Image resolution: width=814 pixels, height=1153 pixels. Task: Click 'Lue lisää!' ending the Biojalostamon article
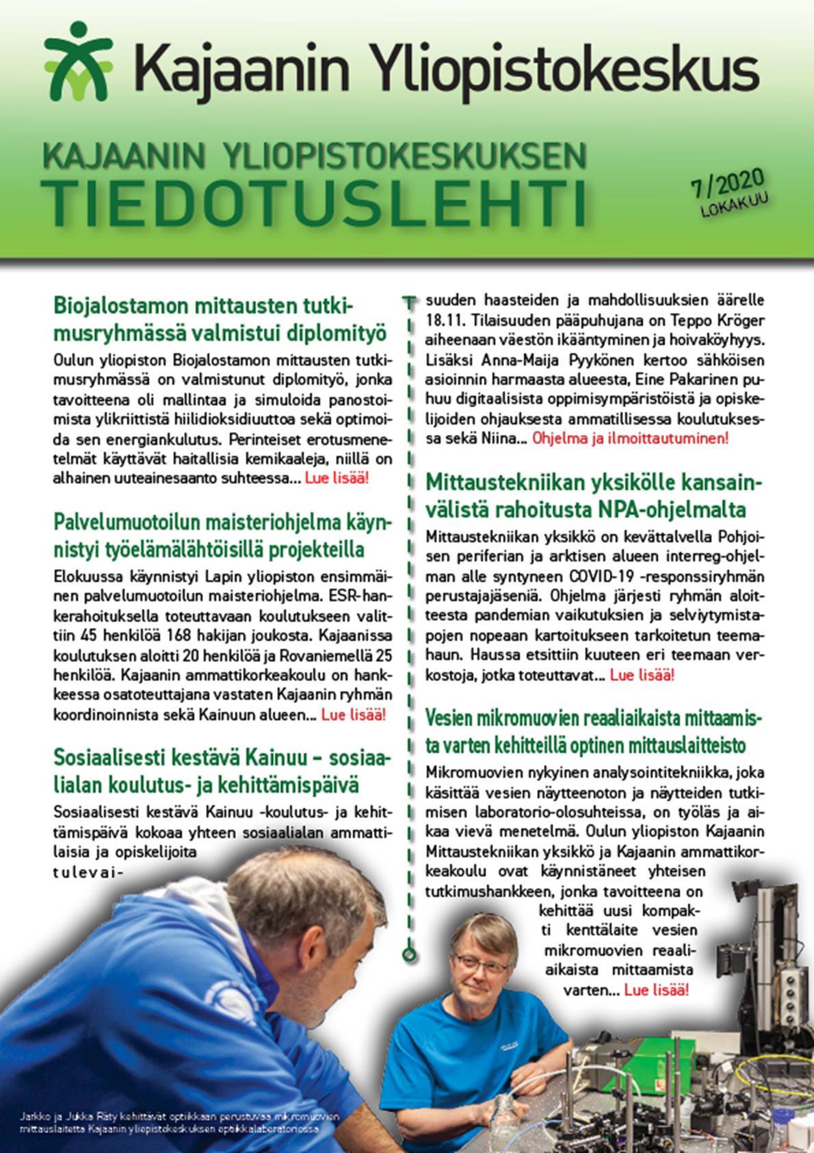[337, 479]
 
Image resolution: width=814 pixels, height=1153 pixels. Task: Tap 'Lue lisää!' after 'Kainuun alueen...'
[353, 715]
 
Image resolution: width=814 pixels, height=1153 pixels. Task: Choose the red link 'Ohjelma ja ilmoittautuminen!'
[629, 438]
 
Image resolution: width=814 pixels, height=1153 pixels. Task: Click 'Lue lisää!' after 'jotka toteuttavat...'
[642, 675]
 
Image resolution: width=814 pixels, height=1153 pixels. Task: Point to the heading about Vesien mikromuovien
[593, 731]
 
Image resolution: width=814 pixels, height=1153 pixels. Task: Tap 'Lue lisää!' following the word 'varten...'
[656, 990]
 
